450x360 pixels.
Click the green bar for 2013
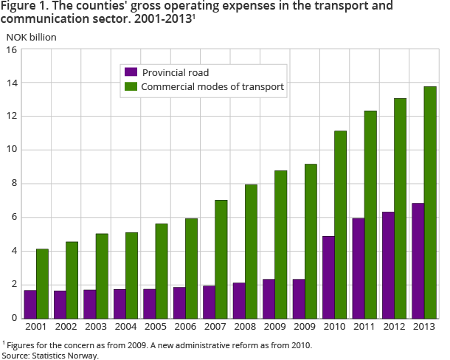(x=430, y=202)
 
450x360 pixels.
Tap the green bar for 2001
(x=44, y=283)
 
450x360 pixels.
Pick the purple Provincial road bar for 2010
(x=328, y=277)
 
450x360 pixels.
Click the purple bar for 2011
(x=359, y=268)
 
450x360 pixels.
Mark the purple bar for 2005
(x=150, y=303)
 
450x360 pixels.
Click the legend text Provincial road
(x=176, y=72)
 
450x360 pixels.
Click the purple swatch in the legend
(x=131, y=72)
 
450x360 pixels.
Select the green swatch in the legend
(x=131, y=87)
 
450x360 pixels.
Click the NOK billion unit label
(x=31, y=35)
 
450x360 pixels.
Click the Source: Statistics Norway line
(x=49, y=355)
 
